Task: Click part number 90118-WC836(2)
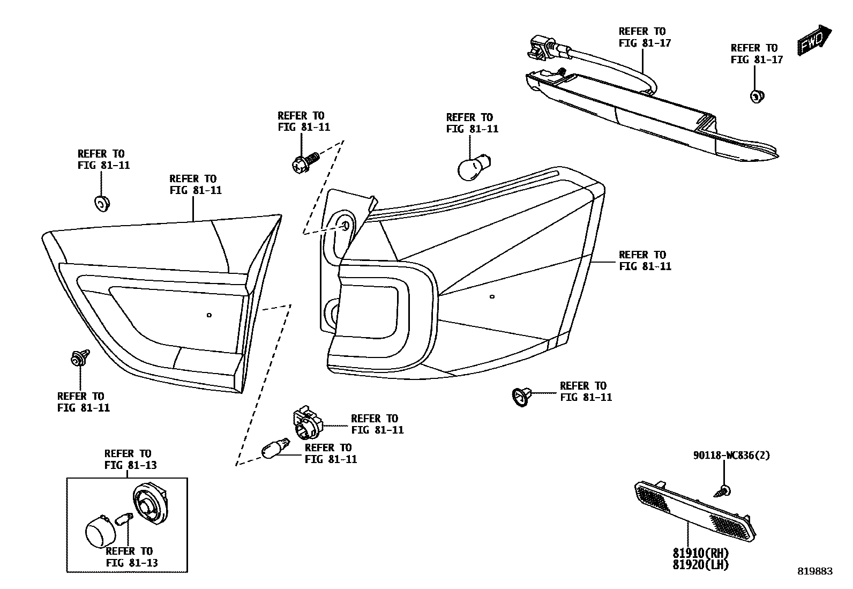click(x=731, y=456)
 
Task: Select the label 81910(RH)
click(x=701, y=553)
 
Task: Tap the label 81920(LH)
click(x=701, y=564)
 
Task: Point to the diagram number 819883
click(x=815, y=571)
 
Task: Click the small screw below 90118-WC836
click(x=723, y=490)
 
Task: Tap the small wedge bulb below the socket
click(x=275, y=449)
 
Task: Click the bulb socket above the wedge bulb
click(x=307, y=422)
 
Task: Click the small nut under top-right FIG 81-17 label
click(x=756, y=97)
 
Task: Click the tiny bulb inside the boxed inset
click(x=125, y=519)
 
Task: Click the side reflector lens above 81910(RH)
click(x=695, y=509)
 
